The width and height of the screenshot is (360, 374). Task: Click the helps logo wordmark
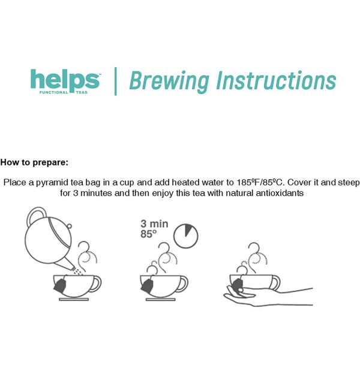pos(65,80)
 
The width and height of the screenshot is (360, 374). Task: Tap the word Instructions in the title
pos(276,80)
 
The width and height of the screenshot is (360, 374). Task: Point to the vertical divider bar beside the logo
pos(116,82)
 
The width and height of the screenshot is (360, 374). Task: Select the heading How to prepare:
pos(34,162)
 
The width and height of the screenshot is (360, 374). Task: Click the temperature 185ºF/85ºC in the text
pos(260,182)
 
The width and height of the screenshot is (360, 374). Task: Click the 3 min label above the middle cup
pos(154,224)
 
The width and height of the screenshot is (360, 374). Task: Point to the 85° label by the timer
pos(148,234)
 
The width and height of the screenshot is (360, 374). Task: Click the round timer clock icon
pos(185,236)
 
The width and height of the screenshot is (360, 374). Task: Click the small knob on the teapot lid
pos(69,225)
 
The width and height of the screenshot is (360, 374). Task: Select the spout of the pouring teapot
pos(65,264)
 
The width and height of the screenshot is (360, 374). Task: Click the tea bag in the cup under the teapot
pos(60,285)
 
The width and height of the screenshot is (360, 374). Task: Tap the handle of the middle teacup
pos(182,283)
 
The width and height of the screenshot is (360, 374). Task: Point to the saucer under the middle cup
pos(161,299)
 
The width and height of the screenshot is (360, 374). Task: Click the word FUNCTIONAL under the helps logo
pos(54,92)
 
